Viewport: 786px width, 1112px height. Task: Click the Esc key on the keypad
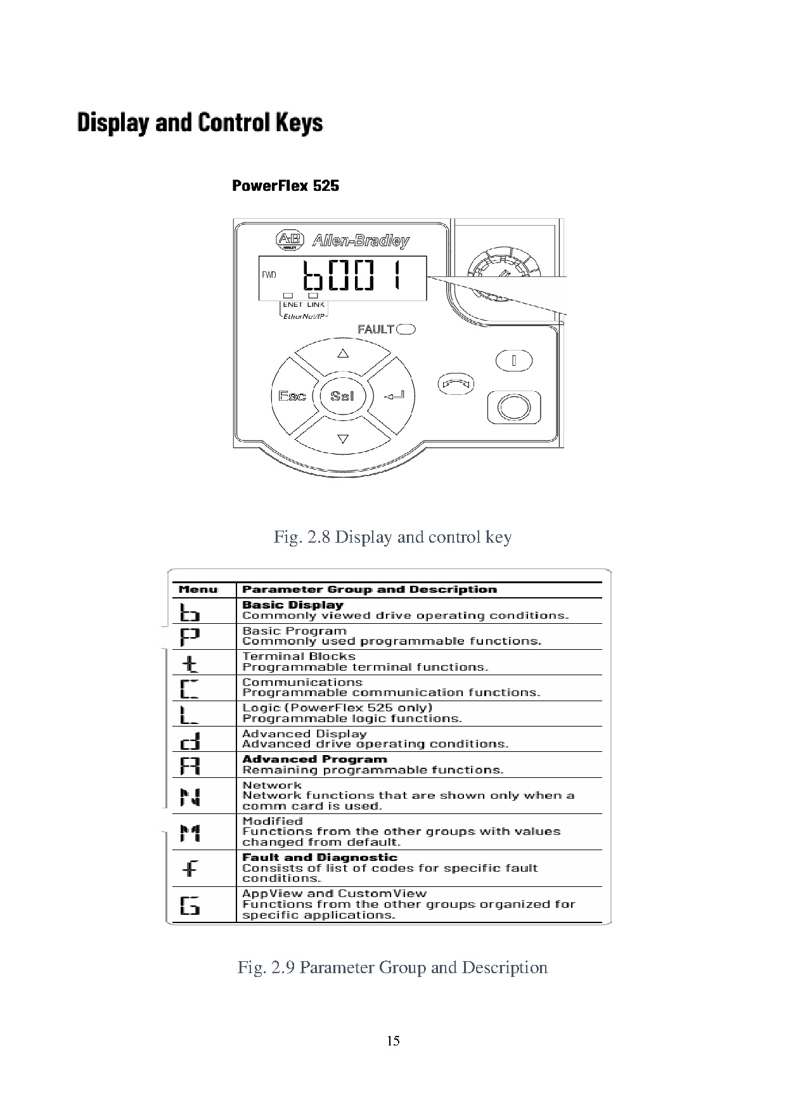[292, 396]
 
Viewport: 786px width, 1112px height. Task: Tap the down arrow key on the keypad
[343, 438]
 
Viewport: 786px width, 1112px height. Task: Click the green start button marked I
[513, 361]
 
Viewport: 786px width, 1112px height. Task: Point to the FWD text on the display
[269, 275]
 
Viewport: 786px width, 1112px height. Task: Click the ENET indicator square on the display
[288, 295]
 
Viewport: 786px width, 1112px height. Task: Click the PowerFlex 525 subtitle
[285, 186]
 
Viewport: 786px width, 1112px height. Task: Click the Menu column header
[198, 590]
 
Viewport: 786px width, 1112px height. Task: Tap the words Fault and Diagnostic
[319, 857]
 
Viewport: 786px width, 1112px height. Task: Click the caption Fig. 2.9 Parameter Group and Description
[392, 967]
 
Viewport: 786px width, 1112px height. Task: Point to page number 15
[393, 1040]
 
